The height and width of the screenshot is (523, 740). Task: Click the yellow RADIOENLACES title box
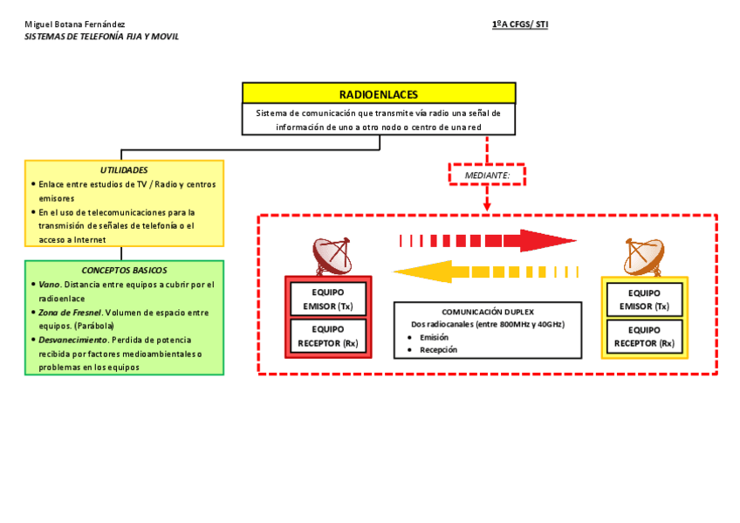[379, 93]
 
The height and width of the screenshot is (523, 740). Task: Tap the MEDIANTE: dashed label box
[487, 175]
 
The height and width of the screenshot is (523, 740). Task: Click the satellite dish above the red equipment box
[333, 256]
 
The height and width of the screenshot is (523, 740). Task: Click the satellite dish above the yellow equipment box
[644, 257]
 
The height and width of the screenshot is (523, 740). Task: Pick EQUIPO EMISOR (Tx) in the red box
[328, 299]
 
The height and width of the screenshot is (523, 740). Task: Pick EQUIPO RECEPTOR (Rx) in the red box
[328, 336]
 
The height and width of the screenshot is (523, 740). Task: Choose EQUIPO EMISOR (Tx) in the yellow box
[644, 299]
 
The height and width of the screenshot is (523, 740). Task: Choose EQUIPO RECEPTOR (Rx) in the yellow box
[644, 336]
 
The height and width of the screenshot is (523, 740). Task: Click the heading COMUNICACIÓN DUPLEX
[487, 312]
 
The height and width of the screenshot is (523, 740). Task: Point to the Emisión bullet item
[434, 337]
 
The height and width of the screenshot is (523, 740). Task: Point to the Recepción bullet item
[438, 349]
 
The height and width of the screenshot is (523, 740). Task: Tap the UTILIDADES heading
[124, 170]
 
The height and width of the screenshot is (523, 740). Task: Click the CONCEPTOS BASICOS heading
[124, 271]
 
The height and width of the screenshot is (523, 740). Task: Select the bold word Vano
[49, 285]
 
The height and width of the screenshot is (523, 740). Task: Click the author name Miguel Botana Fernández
[75, 24]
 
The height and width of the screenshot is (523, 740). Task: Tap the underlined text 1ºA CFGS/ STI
[520, 24]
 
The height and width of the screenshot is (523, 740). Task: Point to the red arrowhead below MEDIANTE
[487, 206]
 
